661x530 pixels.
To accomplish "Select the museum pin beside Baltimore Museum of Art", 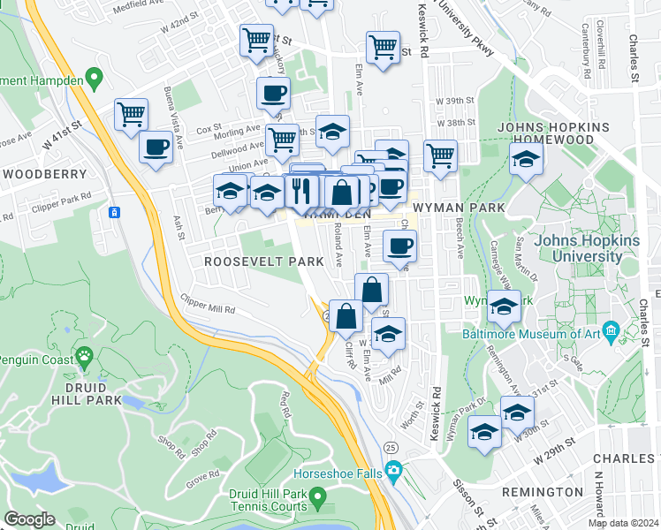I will tap(610, 333).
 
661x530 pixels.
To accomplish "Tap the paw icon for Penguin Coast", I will tap(85, 357).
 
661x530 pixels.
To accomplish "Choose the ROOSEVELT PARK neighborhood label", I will tap(252, 261).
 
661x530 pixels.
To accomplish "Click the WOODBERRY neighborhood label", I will tap(44, 174).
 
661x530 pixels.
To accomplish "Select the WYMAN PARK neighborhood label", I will tap(458, 208).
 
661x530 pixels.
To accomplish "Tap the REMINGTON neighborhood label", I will tap(542, 491).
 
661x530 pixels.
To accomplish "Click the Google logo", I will tap(29, 519).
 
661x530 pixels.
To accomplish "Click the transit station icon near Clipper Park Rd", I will tap(114, 212).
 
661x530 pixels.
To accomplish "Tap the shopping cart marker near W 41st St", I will tap(131, 115).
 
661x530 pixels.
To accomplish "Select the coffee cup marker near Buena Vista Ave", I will tap(156, 148).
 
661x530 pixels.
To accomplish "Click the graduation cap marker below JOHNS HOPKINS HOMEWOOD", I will tap(526, 161).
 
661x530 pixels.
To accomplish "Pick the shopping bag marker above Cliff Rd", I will tap(346, 315).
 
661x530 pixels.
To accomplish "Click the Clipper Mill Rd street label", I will tap(208, 304).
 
